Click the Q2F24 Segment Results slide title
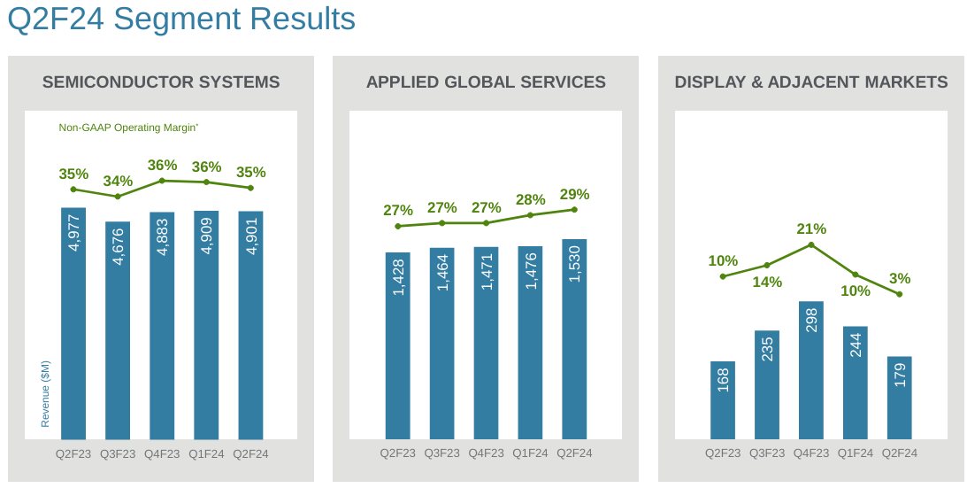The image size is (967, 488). pyautogui.click(x=181, y=19)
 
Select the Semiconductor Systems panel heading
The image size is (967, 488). pyautogui.click(x=161, y=82)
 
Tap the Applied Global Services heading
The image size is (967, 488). pyautogui.click(x=486, y=82)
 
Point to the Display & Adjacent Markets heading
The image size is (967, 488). pyautogui.click(x=810, y=82)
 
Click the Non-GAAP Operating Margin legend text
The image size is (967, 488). pyautogui.click(x=128, y=128)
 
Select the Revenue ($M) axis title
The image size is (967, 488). pyautogui.click(x=45, y=393)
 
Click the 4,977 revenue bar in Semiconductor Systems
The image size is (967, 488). pyautogui.click(x=73, y=323)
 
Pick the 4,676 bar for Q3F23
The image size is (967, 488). pyautogui.click(x=118, y=330)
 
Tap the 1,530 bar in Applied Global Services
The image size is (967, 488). pyautogui.click(x=574, y=339)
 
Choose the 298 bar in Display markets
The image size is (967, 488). pyautogui.click(x=811, y=370)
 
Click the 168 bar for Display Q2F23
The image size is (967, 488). pyautogui.click(x=723, y=400)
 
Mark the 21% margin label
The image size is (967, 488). pyautogui.click(x=811, y=229)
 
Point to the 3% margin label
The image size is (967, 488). pyautogui.click(x=900, y=278)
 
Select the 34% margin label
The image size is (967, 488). pyautogui.click(x=118, y=182)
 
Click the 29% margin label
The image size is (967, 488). pyautogui.click(x=574, y=194)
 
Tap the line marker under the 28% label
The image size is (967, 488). pyautogui.click(x=530, y=215)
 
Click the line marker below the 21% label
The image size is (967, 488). pyautogui.click(x=811, y=244)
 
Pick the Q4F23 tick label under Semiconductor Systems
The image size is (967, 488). pyautogui.click(x=162, y=453)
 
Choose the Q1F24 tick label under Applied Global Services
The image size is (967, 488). pyautogui.click(x=530, y=453)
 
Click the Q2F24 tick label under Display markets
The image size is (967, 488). pyautogui.click(x=900, y=453)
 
